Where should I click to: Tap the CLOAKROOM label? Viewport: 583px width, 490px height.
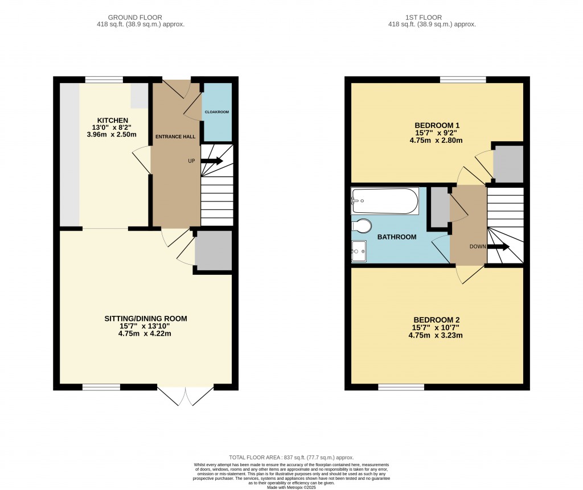point(217,112)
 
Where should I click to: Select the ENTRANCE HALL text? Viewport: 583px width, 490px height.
point(176,137)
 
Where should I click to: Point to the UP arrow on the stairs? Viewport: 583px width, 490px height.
point(211,161)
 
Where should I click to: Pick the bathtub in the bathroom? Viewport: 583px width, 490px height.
point(385,201)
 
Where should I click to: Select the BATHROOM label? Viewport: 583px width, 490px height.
point(397,237)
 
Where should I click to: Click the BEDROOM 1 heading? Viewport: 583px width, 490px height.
point(437,126)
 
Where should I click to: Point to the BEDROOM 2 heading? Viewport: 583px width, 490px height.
point(437,319)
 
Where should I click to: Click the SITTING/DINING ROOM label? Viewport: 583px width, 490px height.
point(146,318)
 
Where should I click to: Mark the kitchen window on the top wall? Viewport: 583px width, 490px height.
point(104,80)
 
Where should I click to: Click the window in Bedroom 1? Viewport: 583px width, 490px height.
point(462,80)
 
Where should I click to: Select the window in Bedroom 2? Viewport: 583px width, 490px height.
point(401,387)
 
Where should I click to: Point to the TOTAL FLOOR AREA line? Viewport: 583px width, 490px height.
point(291,458)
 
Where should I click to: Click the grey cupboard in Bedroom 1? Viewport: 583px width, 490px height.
point(508,163)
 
